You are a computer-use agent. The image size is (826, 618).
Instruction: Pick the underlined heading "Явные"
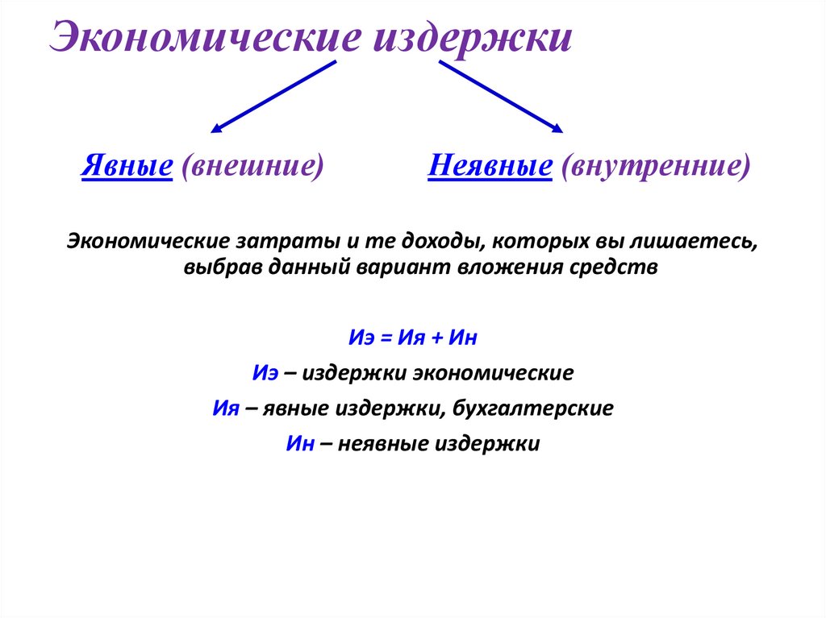coord(127,166)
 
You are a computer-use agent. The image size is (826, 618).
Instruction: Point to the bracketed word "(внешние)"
coord(252,166)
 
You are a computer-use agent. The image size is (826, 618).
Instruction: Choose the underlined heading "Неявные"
coord(490,166)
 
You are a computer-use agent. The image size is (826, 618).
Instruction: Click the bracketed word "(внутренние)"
coord(656,166)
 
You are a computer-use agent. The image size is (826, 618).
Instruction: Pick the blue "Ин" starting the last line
coord(299,444)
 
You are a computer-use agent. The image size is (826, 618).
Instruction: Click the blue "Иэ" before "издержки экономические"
coord(265,373)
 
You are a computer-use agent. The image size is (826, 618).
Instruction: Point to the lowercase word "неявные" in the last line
coord(384,444)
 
